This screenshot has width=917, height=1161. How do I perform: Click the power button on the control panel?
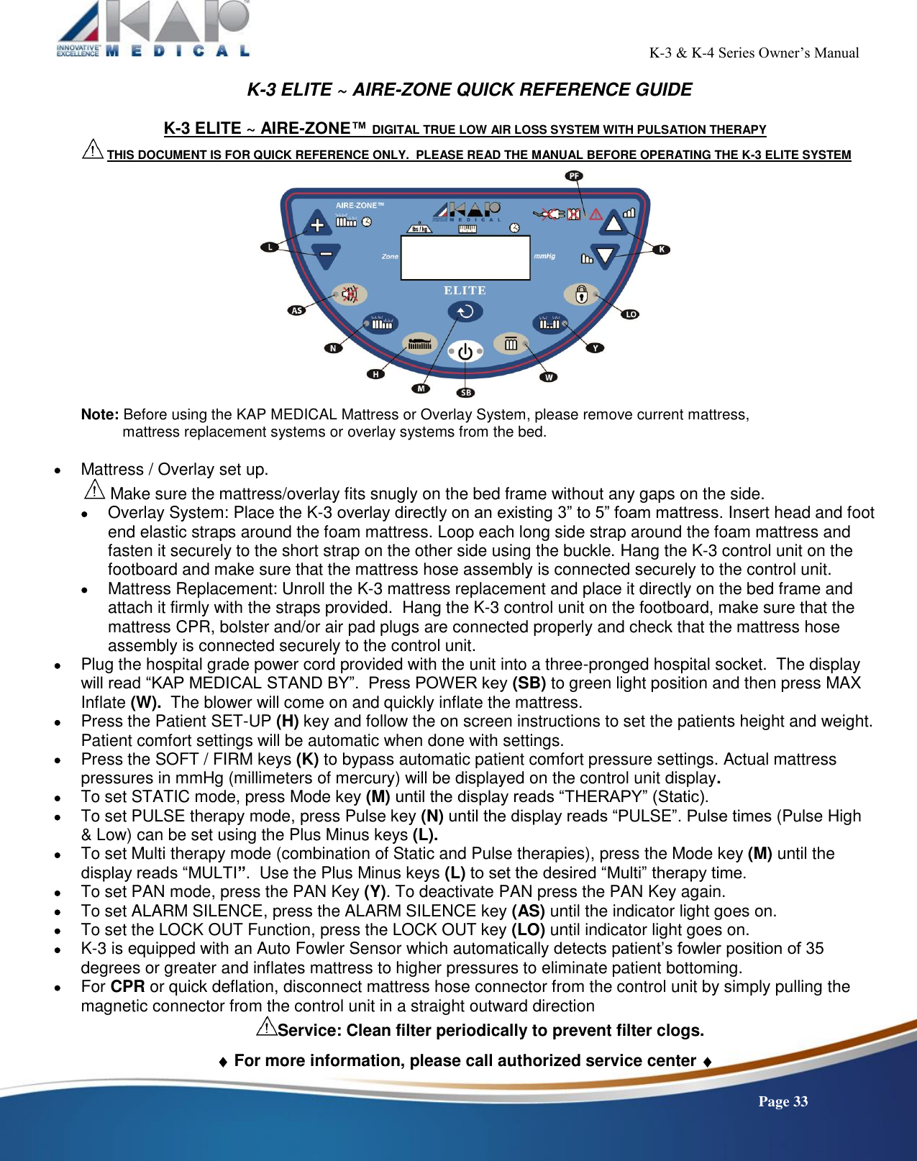(465, 352)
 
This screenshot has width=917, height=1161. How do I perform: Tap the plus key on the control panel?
(317, 224)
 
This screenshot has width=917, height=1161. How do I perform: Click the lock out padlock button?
(581, 294)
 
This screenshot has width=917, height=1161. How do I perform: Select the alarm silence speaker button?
(350, 293)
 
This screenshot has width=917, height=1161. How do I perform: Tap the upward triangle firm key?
(613, 223)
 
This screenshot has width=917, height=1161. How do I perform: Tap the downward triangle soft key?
(606, 255)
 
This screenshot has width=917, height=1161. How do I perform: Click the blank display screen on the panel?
(465, 258)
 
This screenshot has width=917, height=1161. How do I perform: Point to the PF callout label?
(574, 176)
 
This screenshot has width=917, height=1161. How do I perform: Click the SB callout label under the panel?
(466, 393)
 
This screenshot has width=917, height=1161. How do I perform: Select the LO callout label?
(631, 314)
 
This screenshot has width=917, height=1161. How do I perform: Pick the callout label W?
(549, 377)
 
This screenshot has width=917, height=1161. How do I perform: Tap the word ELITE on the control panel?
(465, 291)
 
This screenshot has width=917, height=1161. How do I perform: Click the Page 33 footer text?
(783, 1101)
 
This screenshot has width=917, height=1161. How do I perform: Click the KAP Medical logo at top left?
(154, 29)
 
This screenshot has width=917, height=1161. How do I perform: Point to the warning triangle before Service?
(267, 1026)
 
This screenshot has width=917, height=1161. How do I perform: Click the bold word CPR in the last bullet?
(128, 986)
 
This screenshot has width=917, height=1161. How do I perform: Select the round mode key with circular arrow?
(465, 311)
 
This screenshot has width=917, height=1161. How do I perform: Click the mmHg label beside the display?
(544, 256)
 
